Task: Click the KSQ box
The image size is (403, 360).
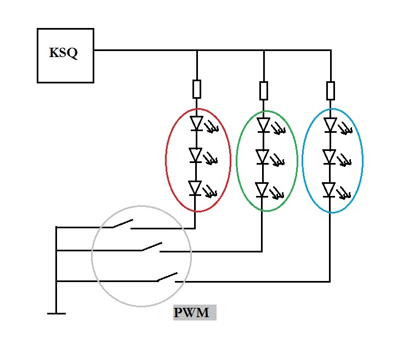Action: coord(65,55)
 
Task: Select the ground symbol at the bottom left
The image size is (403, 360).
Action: coord(56,313)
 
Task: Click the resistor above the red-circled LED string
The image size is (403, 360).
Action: coord(197,89)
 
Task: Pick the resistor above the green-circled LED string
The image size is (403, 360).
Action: coord(264,91)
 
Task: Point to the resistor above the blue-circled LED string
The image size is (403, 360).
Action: coord(330,91)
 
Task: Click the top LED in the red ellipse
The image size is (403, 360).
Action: coord(196,123)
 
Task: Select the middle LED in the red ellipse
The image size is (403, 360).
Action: coord(196,156)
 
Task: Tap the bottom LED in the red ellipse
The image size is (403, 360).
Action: coord(196,188)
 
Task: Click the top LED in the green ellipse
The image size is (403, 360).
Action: coord(264,126)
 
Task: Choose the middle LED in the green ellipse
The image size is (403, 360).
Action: coord(264,157)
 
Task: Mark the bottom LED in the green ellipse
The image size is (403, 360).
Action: coord(263,190)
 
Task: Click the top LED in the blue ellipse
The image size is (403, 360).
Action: coord(330,125)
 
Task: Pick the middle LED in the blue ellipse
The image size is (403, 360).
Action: coord(330,157)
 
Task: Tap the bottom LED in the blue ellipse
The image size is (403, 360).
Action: coord(329,190)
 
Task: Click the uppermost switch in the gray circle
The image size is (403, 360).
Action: coord(122,224)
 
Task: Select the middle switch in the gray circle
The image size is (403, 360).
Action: coord(152,248)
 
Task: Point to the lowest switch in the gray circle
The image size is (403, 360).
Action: coord(167,278)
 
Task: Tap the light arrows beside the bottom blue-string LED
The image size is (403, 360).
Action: coord(344,194)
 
